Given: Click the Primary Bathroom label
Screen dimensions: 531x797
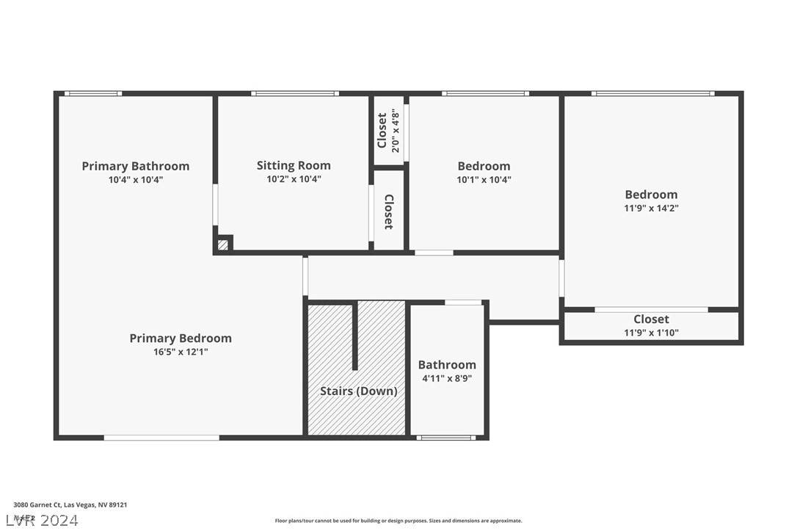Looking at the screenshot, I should (135, 166).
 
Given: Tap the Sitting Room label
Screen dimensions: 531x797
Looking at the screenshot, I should (294, 165).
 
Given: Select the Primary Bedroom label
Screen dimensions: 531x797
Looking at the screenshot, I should (181, 338).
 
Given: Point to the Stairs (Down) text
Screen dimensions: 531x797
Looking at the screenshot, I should (358, 391).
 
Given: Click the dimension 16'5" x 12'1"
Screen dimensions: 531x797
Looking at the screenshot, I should (180, 352).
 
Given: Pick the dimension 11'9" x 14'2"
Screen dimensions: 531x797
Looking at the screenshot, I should (651, 208).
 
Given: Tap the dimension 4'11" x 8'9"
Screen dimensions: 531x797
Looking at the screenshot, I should (446, 378).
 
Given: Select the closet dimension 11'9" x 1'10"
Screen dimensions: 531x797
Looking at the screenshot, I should (651, 333).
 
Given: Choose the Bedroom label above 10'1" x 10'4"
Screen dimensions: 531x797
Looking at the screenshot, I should (484, 166).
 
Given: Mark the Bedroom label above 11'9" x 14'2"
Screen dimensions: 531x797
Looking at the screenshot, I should (651, 195).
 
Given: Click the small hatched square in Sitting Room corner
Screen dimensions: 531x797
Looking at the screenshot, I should (223, 245).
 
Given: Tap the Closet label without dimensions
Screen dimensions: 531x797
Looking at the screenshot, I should (388, 212).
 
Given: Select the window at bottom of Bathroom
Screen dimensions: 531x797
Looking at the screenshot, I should (446, 438).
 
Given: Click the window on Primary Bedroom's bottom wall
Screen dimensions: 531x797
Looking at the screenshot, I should (161, 438).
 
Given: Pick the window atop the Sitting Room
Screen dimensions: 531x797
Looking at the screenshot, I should (294, 93).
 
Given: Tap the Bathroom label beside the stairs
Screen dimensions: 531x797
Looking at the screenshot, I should (446, 365).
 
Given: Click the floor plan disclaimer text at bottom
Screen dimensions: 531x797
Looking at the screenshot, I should (398, 521).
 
